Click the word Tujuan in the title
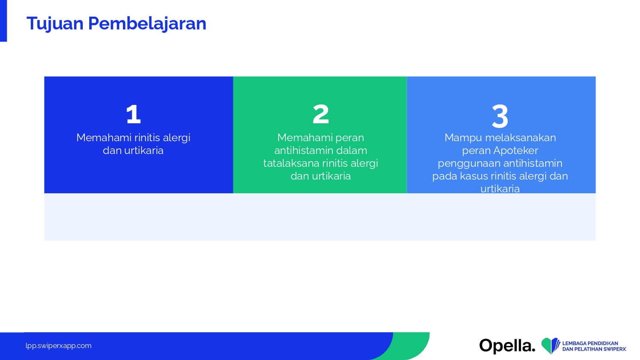point(55,24)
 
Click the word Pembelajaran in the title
point(147,23)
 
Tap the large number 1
point(134,114)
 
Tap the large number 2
point(320,114)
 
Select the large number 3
point(500,116)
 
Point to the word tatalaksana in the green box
point(291,163)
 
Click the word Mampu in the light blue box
point(463,138)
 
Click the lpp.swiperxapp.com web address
point(58,346)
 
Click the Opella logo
point(507,346)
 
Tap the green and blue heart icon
point(550,345)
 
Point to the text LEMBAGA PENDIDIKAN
point(590,343)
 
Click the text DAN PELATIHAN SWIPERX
point(594,349)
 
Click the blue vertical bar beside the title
point(3,21)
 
